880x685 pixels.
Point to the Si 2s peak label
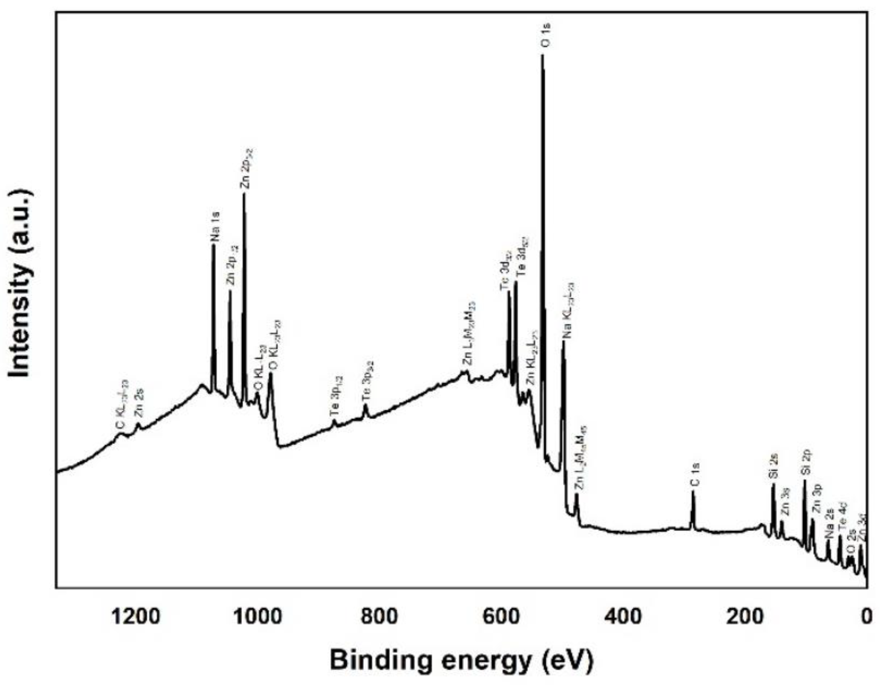click(773, 466)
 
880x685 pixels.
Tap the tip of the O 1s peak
click(542, 55)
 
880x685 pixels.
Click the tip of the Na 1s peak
click(213, 245)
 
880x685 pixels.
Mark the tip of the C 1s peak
click(693, 492)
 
